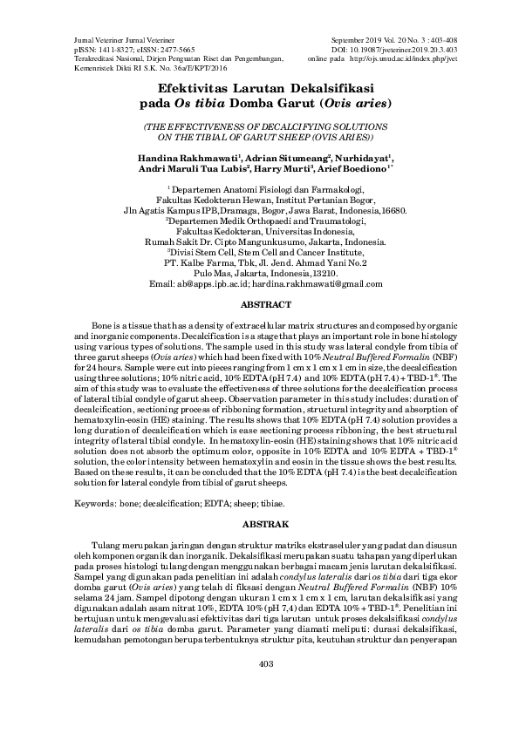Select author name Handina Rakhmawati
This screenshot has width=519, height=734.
(x=194, y=158)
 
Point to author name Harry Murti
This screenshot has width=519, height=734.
(x=283, y=170)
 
